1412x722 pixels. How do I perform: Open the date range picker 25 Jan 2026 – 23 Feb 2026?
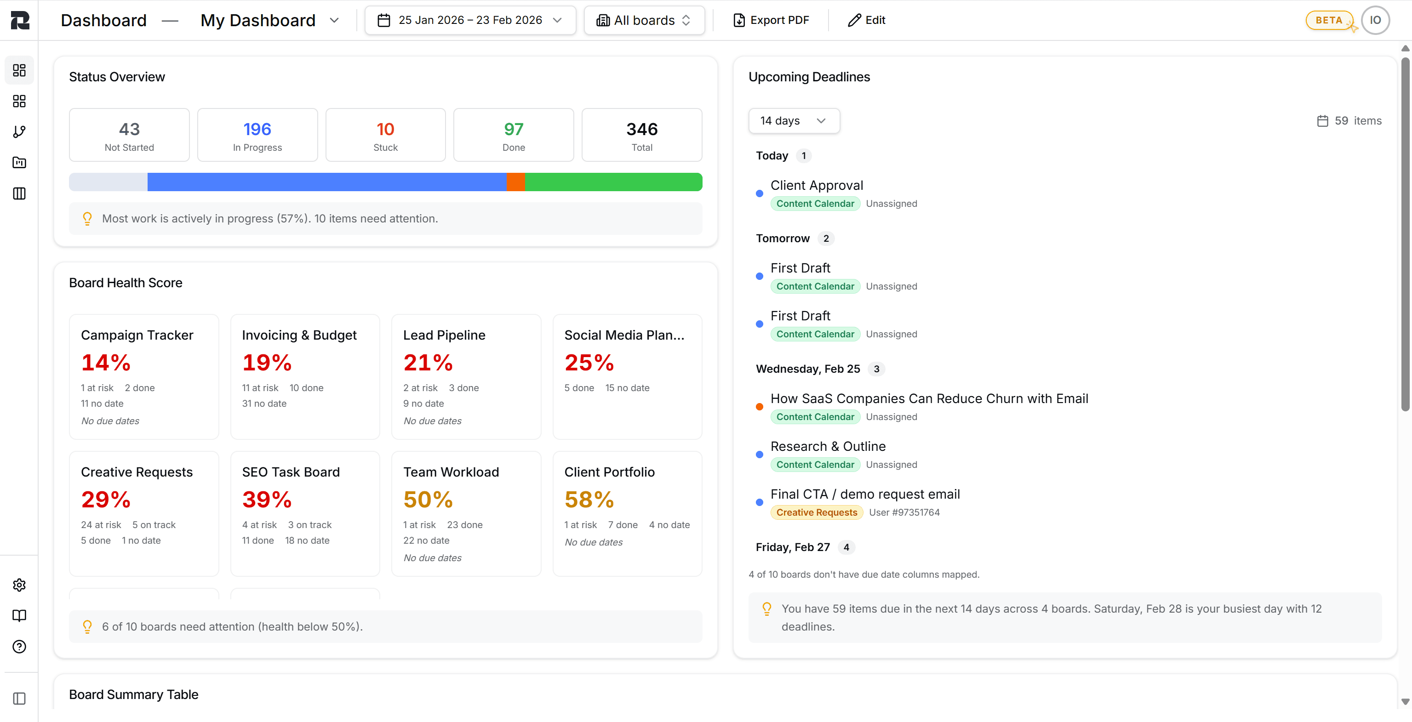[470, 20]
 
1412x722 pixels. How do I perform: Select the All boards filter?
[644, 20]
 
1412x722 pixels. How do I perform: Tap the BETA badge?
[1329, 20]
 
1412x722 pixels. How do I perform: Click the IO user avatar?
[1375, 20]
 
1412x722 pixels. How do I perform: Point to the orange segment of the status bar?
[515, 182]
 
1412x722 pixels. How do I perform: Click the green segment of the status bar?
[613, 182]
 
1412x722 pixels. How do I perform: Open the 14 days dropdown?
[793, 120]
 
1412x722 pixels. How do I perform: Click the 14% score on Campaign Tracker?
[106, 363]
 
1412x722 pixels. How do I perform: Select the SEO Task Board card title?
[291, 472]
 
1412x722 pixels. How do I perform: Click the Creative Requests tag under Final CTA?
[816, 512]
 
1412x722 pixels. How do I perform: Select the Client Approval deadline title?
[816, 185]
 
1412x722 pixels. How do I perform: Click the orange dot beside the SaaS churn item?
[759, 406]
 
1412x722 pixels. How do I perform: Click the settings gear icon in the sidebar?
[19, 585]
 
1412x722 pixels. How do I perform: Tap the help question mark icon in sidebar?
[19, 647]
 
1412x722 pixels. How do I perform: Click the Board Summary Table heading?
[134, 694]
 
